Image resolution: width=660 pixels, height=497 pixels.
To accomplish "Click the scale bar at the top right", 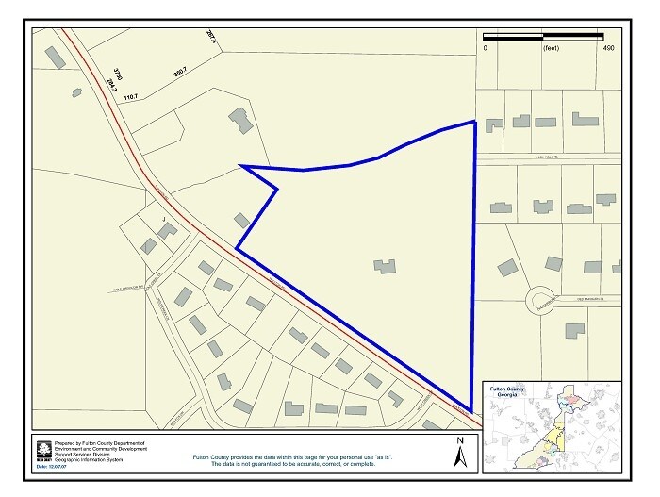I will tap(544, 38).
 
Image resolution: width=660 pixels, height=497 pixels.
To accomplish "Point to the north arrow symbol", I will tap(459, 455).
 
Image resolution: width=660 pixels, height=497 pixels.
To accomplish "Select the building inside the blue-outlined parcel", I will tap(385, 266).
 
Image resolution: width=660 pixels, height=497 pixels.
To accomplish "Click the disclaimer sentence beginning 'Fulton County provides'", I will tap(315, 456).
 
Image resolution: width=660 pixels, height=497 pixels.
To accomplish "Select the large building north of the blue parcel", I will tap(240, 121).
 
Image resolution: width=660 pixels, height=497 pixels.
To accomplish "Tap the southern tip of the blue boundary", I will tap(470, 410).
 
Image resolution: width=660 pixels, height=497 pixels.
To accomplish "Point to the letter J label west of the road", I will tap(163, 219).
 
